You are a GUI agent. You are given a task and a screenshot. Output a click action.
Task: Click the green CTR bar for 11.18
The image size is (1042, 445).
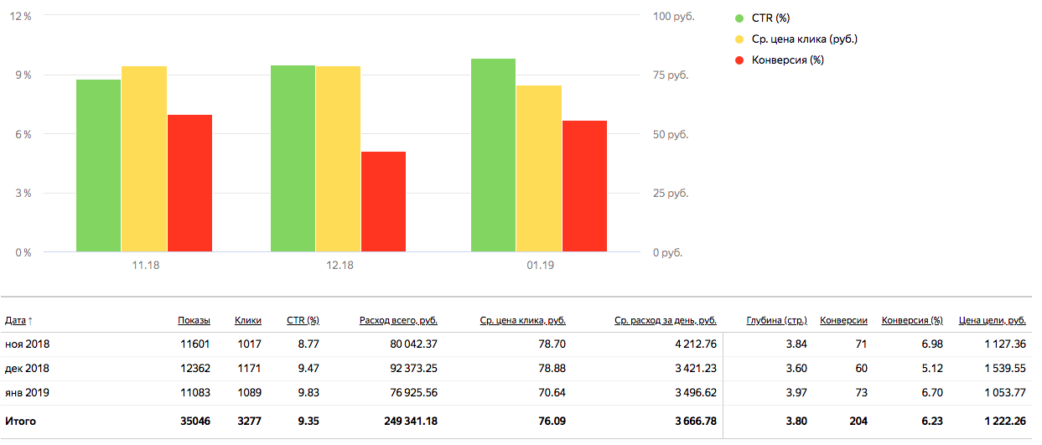[99, 166]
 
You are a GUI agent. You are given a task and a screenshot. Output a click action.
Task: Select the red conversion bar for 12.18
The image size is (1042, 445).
[383, 202]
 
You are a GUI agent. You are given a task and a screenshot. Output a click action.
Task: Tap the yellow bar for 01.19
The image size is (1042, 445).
[539, 168]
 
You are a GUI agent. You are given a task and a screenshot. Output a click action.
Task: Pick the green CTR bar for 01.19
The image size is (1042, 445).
[493, 155]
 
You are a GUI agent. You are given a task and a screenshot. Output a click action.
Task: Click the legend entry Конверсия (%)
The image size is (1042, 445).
[787, 60]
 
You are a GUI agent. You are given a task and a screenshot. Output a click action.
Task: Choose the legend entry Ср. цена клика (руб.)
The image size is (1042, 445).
[804, 39]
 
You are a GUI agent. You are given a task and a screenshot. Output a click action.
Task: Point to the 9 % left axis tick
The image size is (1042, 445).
[22, 75]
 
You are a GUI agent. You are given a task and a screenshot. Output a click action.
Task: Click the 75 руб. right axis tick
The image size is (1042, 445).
[670, 75]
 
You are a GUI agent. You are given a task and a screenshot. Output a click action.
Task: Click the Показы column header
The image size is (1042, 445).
[194, 320]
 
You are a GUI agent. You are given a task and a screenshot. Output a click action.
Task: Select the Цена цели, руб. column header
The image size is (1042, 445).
[993, 320]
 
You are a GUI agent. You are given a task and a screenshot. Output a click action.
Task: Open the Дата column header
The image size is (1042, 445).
[16, 320]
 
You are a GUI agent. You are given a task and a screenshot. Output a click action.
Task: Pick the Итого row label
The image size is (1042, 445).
[20, 422]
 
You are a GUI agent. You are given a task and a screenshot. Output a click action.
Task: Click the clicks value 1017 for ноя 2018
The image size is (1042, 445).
[249, 344]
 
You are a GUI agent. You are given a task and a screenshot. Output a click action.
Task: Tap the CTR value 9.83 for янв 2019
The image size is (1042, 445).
[308, 392]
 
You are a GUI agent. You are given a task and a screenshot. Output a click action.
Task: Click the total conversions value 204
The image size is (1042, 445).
[857, 422]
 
